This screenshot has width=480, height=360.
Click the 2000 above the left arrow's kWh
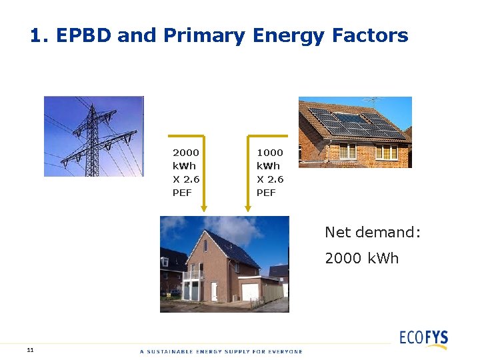pyautogui.click(x=185, y=153)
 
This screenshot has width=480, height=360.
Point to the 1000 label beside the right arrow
pyautogui.click(x=269, y=153)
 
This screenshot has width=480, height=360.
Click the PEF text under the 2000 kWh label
pyautogui.click(x=181, y=193)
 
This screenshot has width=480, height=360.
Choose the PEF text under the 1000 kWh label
pyautogui.click(x=265, y=193)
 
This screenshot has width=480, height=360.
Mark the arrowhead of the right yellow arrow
pyautogui.click(x=249, y=208)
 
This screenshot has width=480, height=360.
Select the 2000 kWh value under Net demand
pyautogui.click(x=361, y=258)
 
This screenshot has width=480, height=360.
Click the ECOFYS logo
pyautogui.click(x=423, y=337)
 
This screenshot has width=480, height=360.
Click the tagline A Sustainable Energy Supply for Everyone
pyautogui.click(x=221, y=351)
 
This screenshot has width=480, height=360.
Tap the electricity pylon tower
pyautogui.click(x=91, y=137)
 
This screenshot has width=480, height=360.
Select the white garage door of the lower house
pyautogui.click(x=250, y=291)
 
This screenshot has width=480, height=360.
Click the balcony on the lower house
pyautogui.click(x=193, y=274)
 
